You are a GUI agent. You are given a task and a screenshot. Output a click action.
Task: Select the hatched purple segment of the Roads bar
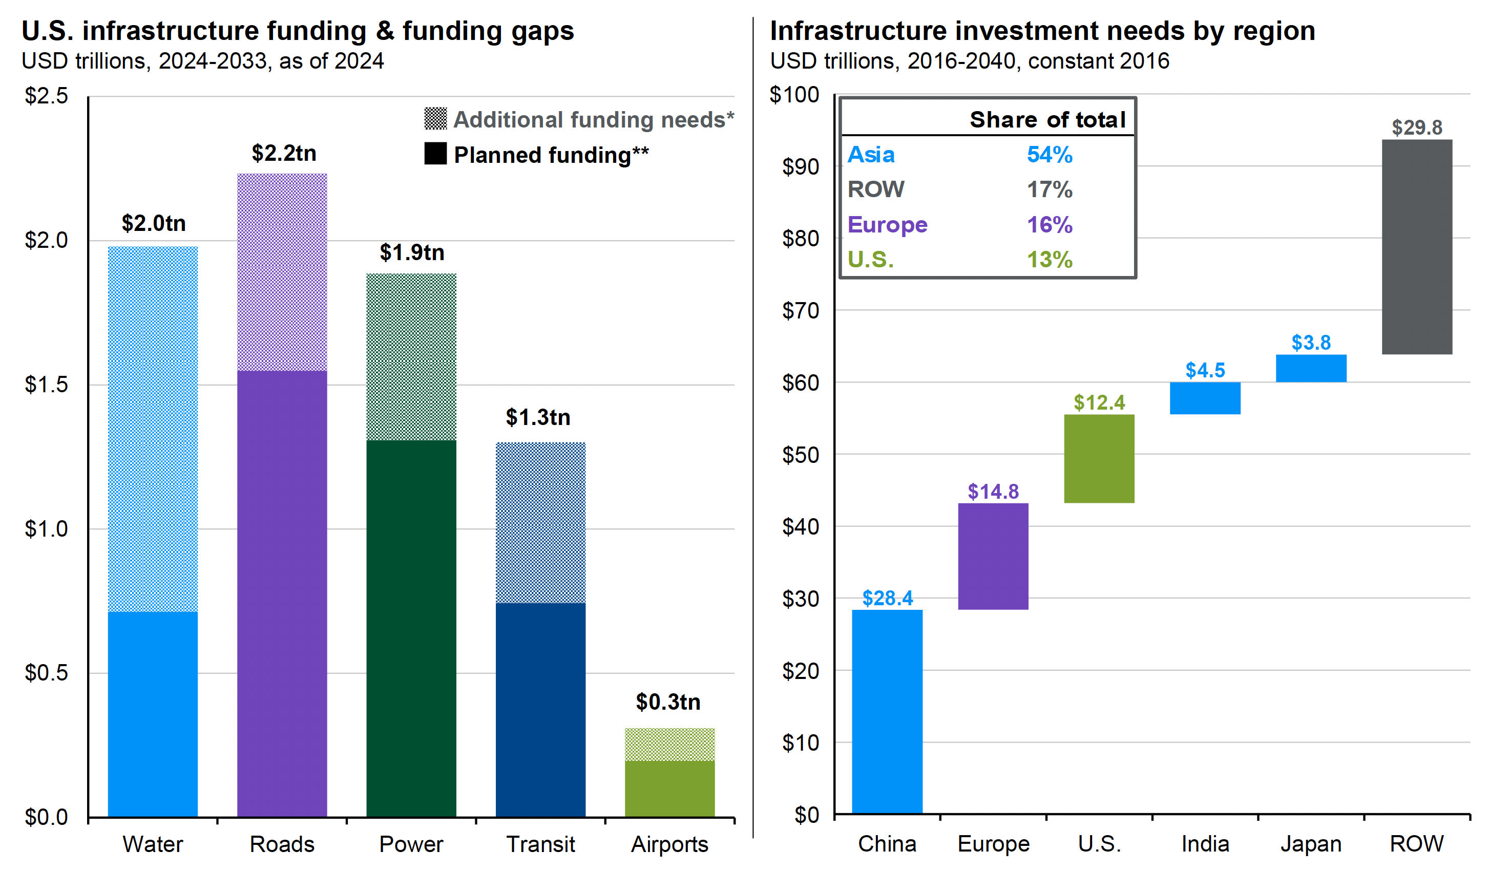coord(282,272)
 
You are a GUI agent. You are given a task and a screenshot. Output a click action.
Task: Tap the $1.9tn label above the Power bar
coord(412,253)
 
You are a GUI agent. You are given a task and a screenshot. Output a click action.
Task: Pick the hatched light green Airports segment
coord(669,745)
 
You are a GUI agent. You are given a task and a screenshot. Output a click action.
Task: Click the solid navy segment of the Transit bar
coord(540,710)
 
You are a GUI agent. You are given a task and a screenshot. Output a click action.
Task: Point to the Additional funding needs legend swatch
coord(435,119)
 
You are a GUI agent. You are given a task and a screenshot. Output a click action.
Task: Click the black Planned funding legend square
coord(435,154)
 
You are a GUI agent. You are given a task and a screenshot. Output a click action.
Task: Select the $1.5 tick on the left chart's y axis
coord(46,385)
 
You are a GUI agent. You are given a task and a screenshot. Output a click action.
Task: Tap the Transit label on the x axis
coord(540,844)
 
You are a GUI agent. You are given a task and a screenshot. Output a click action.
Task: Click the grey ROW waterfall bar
coord(1416,247)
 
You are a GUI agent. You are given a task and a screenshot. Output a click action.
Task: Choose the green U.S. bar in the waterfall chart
coord(1099,459)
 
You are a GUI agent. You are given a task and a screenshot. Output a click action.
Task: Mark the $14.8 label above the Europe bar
coord(993,492)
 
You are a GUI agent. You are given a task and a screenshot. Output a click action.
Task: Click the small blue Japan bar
coord(1310,368)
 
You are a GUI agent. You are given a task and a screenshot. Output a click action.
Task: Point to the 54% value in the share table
coord(1049,155)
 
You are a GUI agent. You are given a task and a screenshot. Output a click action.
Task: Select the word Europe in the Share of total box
coord(887,224)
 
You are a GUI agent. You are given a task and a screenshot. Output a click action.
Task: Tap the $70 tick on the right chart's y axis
coord(801,310)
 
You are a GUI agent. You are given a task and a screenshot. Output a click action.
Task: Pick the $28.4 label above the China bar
coord(887,598)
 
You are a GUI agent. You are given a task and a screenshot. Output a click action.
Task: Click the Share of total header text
coord(1047,120)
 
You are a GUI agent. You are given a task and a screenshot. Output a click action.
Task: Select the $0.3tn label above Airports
coord(668,701)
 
